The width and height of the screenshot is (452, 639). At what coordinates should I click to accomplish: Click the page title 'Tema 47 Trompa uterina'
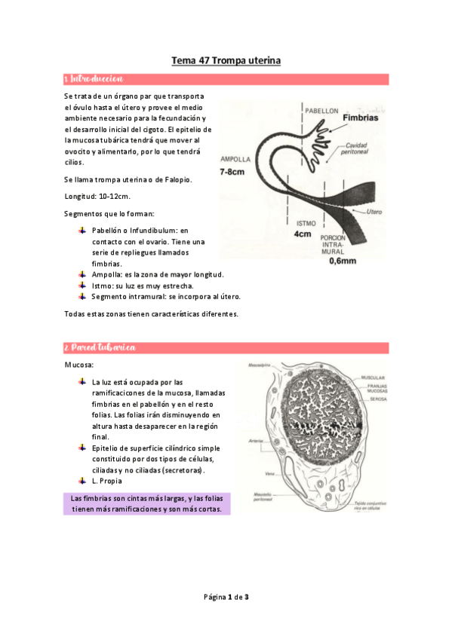coord(226,60)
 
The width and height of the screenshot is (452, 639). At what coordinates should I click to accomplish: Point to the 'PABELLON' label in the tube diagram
coord(322,110)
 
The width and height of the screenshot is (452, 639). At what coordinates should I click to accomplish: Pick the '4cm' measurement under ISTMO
coord(303,234)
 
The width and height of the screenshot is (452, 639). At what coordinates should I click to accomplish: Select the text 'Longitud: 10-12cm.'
coord(98,196)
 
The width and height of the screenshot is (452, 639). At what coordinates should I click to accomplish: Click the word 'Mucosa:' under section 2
coord(79,365)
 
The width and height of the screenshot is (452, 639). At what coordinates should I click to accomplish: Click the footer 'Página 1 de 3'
coord(226,597)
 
